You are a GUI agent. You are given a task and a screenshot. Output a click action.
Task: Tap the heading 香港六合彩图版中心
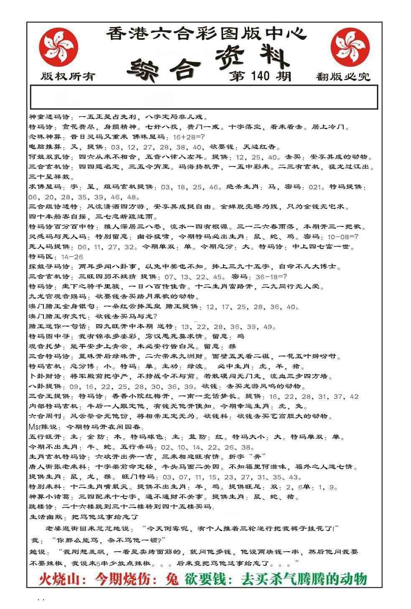206,34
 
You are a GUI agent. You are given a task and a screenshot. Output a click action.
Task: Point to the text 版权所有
68,76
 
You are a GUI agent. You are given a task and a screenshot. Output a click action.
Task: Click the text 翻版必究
343,76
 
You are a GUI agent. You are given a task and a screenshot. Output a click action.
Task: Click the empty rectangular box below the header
204,97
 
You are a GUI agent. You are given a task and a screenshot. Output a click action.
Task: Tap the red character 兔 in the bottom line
172,579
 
